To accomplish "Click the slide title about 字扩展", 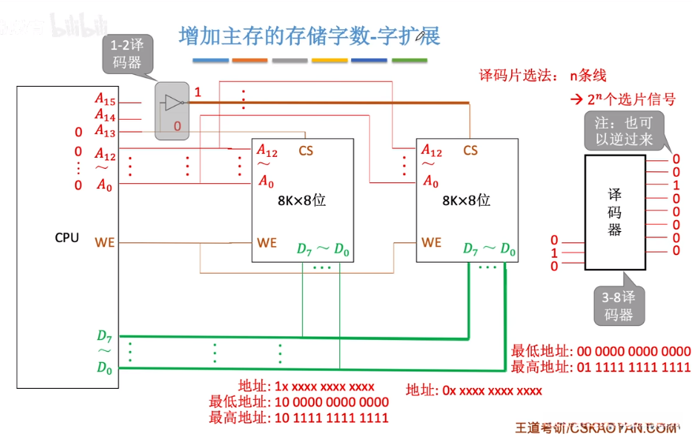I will click(x=309, y=36).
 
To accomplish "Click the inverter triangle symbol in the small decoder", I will click(x=172, y=103).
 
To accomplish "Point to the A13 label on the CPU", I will click(x=105, y=131).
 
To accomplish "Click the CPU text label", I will click(x=67, y=237).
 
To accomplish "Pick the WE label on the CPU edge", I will click(x=105, y=242).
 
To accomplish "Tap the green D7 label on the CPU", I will click(x=105, y=337).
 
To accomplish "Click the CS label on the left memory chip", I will click(x=305, y=150).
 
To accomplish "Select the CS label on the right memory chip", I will click(x=470, y=150).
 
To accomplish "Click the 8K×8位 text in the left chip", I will click(x=301, y=200).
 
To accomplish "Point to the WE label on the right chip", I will click(x=431, y=242).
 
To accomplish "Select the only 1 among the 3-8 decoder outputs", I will click(x=676, y=185).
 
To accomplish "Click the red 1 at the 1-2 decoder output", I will click(x=198, y=92).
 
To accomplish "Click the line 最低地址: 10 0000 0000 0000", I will click(x=298, y=402).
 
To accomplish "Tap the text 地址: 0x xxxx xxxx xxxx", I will click(x=473, y=390).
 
